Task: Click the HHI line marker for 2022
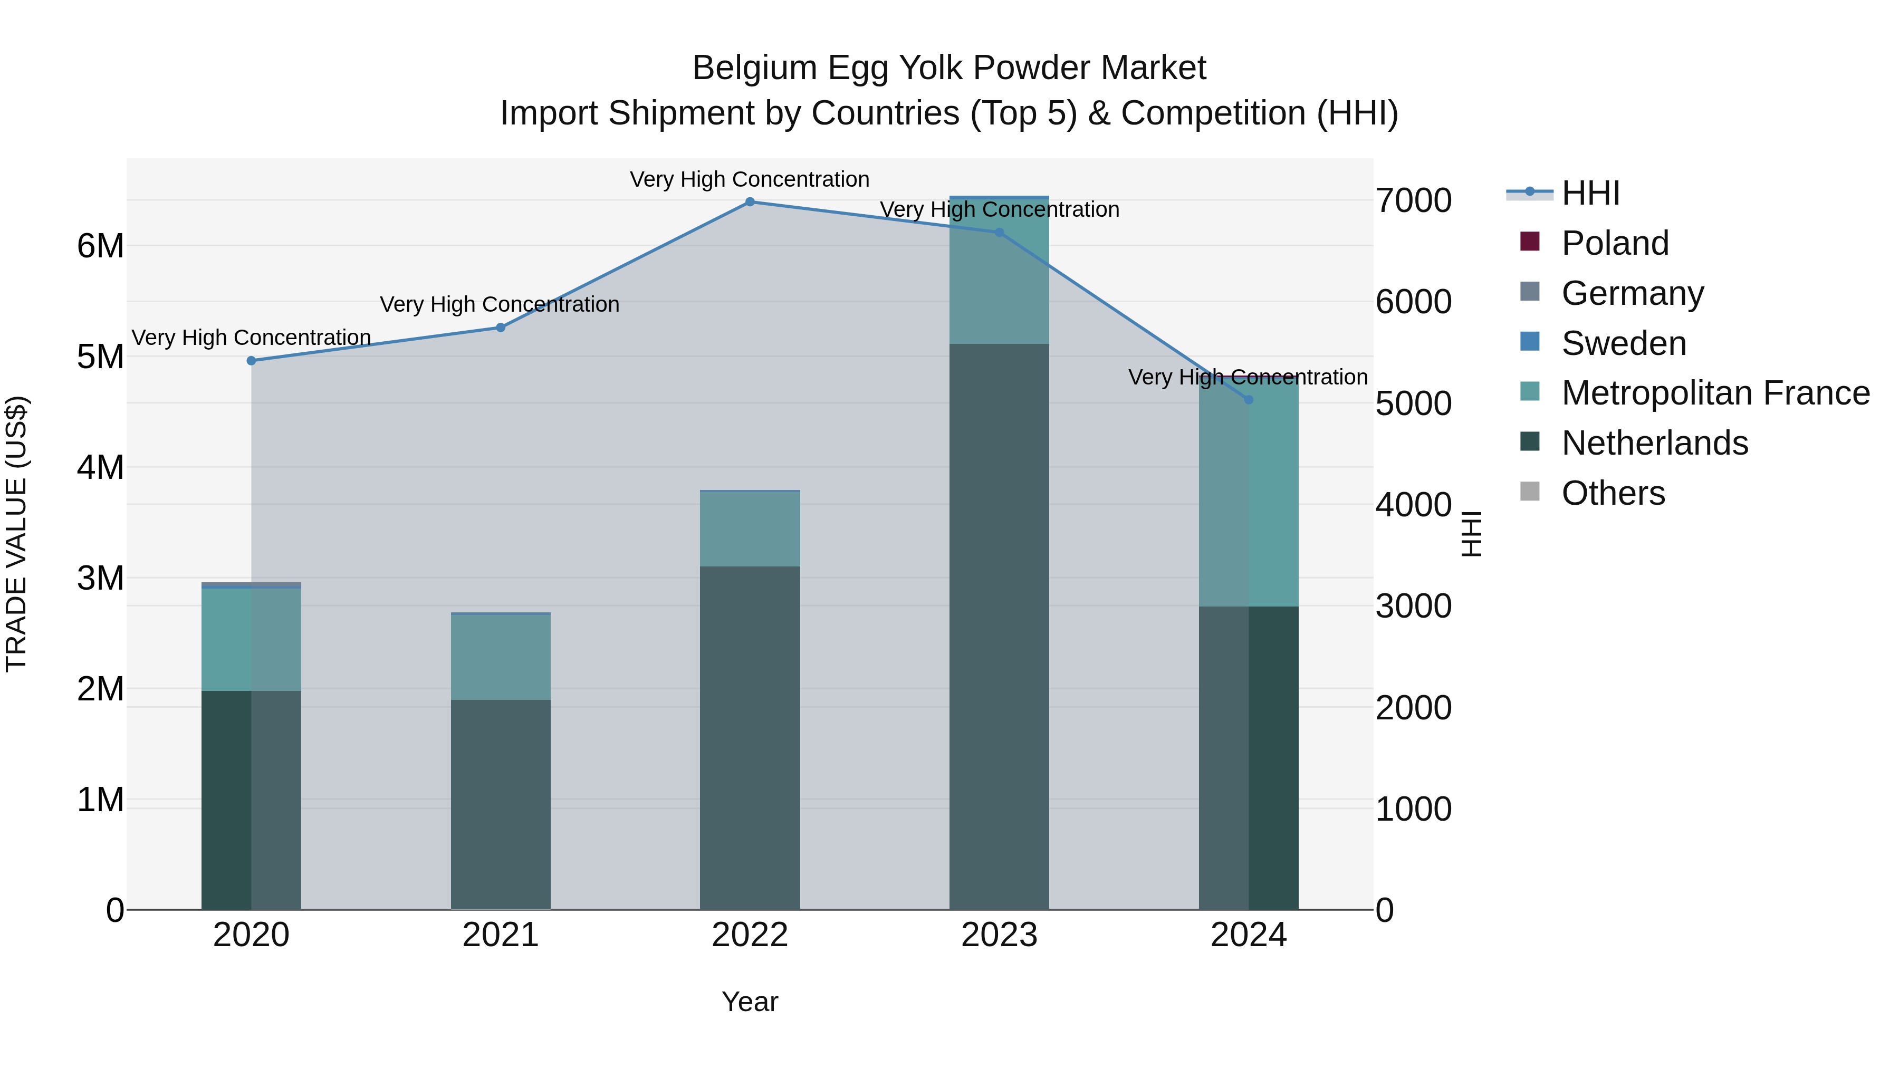pyautogui.click(x=750, y=201)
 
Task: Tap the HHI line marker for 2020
pyautogui.click(x=252, y=360)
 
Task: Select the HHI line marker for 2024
pyautogui.click(x=1248, y=399)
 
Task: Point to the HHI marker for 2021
pyautogui.click(x=501, y=327)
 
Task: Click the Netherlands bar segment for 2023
pyautogui.click(x=999, y=627)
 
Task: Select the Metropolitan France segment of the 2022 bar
pyautogui.click(x=750, y=528)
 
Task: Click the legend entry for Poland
pyautogui.click(x=1615, y=243)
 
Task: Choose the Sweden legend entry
pyautogui.click(x=1623, y=343)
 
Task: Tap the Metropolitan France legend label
pyautogui.click(x=1715, y=393)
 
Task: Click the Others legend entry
pyautogui.click(x=1613, y=493)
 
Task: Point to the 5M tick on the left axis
pyautogui.click(x=100, y=357)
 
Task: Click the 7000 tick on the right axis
pyautogui.click(x=1413, y=200)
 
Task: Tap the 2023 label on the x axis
pyautogui.click(x=999, y=935)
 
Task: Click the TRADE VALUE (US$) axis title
pyautogui.click(x=16, y=534)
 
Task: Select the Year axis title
pyautogui.click(x=750, y=1002)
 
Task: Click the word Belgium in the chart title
pyautogui.click(x=755, y=68)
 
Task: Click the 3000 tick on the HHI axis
pyautogui.click(x=1413, y=606)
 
